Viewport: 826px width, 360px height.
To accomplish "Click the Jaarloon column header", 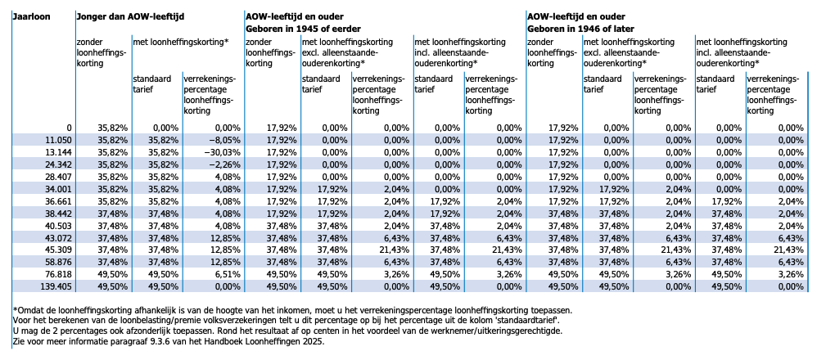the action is pos(32,16).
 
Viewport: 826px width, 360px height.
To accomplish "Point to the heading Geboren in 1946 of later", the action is pos(581,29).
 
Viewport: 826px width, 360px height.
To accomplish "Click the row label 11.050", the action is pos(60,140).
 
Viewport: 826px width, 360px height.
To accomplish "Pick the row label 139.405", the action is pos(57,287).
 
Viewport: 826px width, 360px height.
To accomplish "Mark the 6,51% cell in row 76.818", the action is pos(227,274).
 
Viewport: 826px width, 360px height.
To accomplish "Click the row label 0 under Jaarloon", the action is pos(70,128).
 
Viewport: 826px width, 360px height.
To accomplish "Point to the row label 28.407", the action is pos(60,176).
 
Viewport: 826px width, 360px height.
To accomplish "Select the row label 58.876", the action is pos(60,262).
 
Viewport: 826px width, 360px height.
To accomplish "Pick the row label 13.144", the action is pos(60,152).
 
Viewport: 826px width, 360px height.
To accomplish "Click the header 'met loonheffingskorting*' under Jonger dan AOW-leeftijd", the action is pos(180,42).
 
